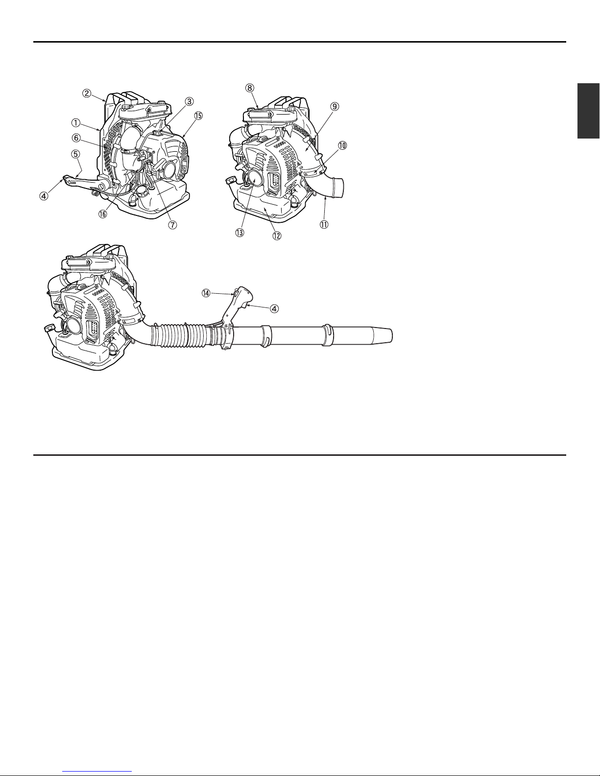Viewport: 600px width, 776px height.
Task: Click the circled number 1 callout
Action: pyautogui.click(x=76, y=123)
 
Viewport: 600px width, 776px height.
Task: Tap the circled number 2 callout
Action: pyautogui.click(x=86, y=94)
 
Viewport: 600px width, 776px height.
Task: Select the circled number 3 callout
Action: pyautogui.click(x=189, y=101)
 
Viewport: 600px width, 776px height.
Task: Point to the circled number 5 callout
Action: pyautogui.click(x=75, y=154)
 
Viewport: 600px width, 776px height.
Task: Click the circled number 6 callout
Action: pyautogui.click(x=76, y=138)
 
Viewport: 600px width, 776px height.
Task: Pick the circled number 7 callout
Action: pyautogui.click(x=172, y=225)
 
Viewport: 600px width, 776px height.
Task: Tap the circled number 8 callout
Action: pyautogui.click(x=250, y=88)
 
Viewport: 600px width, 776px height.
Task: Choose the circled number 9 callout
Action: pyautogui.click(x=335, y=106)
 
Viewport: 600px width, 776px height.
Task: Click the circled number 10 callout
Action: pyautogui.click(x=342, y=145)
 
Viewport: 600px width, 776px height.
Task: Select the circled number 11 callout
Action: pyautogui.click(x=324, y=225)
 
